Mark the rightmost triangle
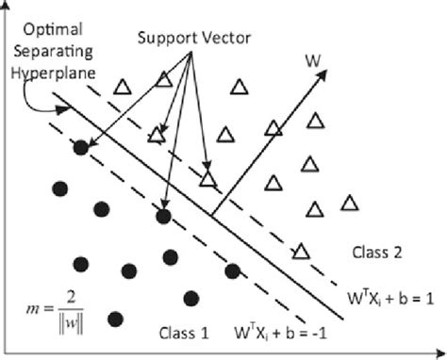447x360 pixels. [350, 203]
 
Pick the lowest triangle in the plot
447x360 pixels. [301, 250]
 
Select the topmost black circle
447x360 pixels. [82, 147]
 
